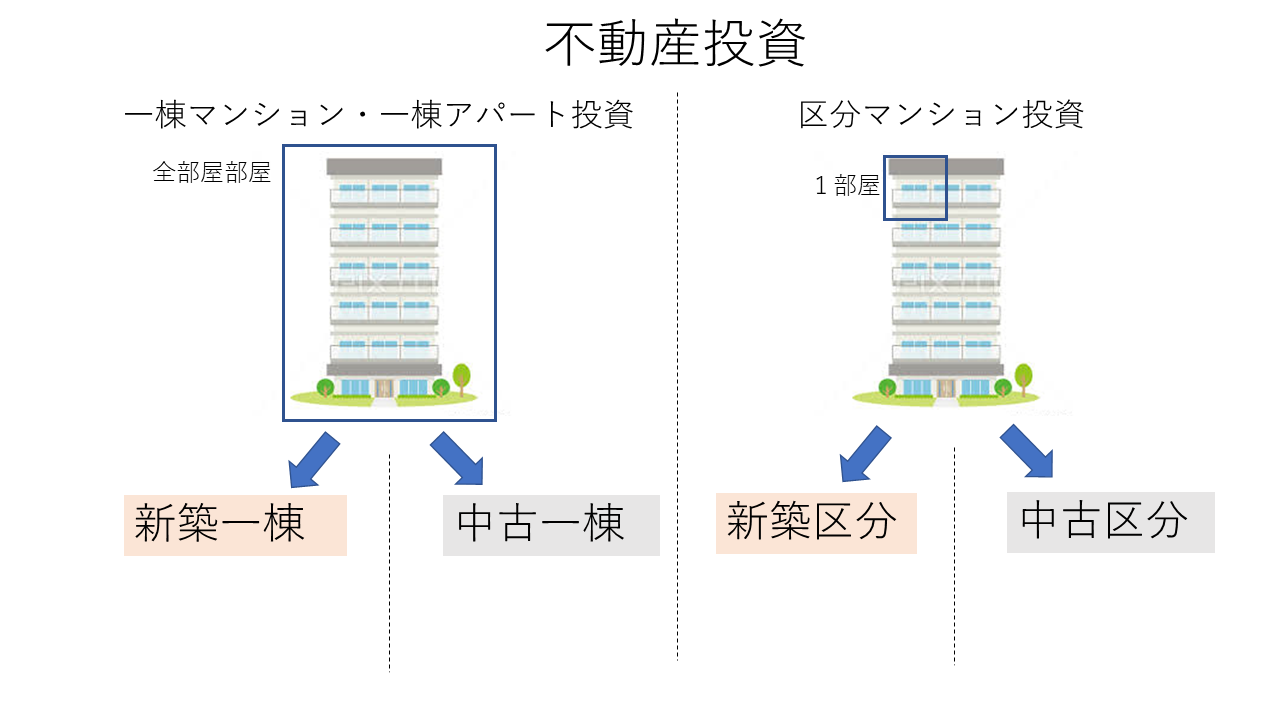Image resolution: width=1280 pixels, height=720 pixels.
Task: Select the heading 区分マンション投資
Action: tap(941, 115)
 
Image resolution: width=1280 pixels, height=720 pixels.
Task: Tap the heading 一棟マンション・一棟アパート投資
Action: tap(379, 115)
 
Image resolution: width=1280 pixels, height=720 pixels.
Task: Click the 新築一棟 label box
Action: tap(235, 525)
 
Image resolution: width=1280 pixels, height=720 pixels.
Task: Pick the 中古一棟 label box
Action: tap(551, 525)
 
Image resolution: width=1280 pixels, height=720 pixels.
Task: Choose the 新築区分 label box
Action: tap(816, 523)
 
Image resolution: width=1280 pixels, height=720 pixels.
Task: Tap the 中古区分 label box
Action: tap(1110, 522)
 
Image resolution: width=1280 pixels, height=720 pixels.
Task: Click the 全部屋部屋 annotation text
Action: tap(212, 173)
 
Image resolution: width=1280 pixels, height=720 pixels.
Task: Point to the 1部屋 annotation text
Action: tap(847, 186)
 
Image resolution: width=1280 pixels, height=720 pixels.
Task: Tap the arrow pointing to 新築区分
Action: tap(865, 453)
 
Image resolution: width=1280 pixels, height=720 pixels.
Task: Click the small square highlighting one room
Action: tap(915, 187)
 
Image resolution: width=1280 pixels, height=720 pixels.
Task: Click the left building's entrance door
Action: tap(384, 387)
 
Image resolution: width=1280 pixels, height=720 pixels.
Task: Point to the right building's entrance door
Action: tap(946, 387)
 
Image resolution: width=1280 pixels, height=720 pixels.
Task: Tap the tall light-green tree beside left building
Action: tap(461, 378)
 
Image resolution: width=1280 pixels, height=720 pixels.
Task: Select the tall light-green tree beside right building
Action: tap(1023, 378)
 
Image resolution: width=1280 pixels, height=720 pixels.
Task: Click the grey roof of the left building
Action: tap(384, 167)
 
